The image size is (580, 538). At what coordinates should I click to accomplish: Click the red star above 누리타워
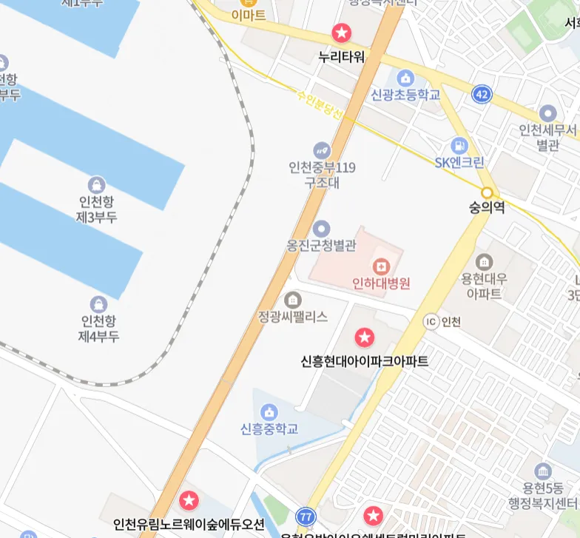(x=342, y=33)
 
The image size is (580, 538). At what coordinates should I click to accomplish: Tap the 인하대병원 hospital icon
(x=381, y=265)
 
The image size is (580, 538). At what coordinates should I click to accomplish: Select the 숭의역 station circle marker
(x=487, y=192)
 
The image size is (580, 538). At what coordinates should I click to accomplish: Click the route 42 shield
(x=482, y=94)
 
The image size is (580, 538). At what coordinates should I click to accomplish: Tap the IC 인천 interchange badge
(x=431, y=321)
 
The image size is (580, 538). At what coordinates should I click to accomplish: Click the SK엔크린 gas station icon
(x=459, y=145)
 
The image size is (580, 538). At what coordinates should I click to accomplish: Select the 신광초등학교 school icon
(x=405, y=78)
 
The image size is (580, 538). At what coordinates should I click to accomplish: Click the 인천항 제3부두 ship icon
(x=97, y=184)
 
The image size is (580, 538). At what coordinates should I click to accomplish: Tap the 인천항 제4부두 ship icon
(x=98, y=304)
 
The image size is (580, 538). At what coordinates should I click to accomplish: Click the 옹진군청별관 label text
(x=321, y=246)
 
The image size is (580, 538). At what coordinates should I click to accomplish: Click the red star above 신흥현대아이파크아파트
(x=365, y=338)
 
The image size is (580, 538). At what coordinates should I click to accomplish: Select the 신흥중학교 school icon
(x=269, y=411)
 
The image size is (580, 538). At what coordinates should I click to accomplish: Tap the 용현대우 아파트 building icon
(x=485, y=261)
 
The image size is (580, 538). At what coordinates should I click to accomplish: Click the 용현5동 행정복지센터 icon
(x=542, y=471)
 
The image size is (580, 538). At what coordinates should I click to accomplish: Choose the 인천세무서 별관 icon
(x=547, y=113)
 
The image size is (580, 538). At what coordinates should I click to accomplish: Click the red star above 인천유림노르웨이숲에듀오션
(x=189, y=501)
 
